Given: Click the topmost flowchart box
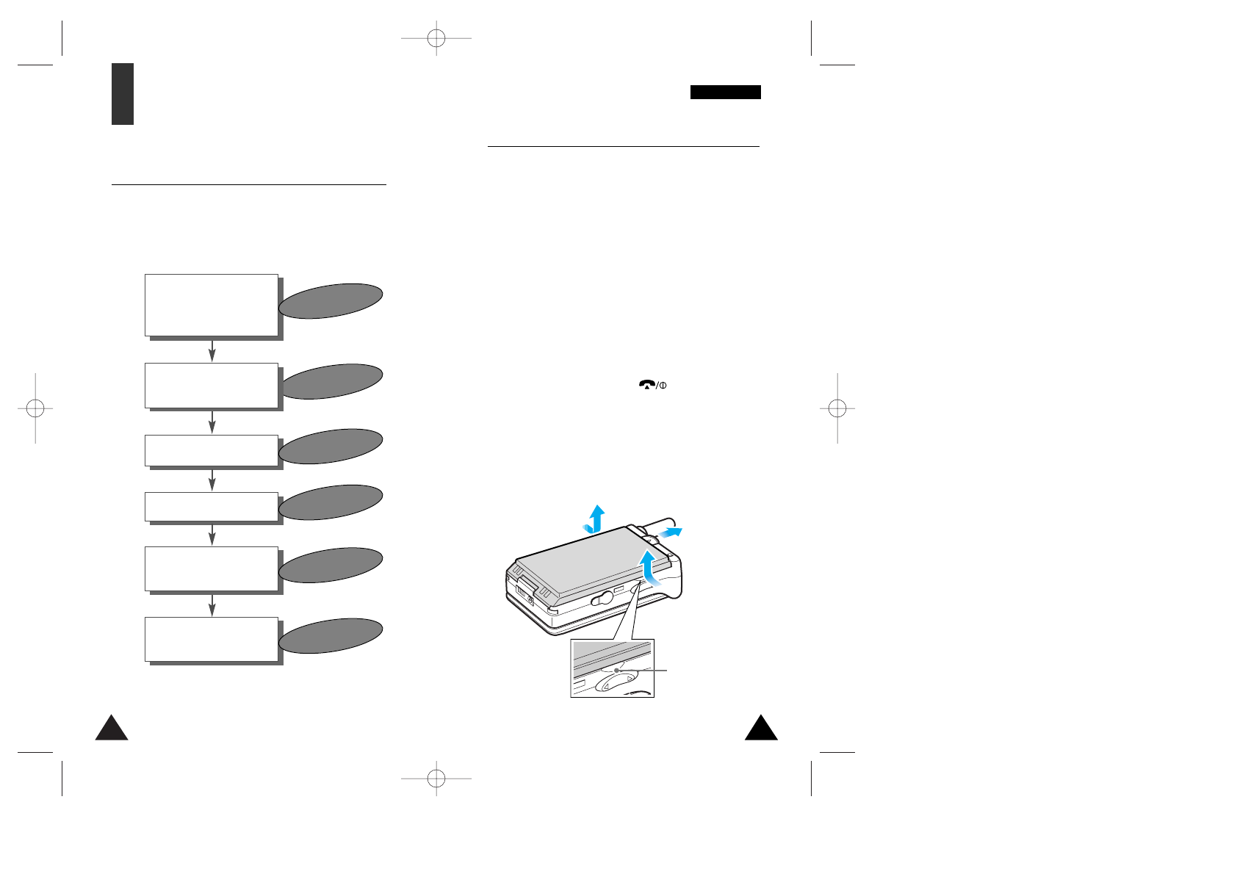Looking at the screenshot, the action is [212, 305].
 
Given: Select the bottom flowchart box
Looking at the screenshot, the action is [212, 639].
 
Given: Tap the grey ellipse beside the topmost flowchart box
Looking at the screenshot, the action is [331, 301].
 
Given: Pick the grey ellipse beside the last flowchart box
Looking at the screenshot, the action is [331, 636].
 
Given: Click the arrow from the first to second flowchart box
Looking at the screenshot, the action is [212, 350].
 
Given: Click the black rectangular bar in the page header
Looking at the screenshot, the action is [725, 92].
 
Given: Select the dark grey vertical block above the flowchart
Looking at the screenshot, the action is [123, 94].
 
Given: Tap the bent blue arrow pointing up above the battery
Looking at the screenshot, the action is [594, 519].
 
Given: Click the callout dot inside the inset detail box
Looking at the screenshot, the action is [617, 670].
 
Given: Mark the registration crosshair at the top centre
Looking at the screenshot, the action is [436, 37].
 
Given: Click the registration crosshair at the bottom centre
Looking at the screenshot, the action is [436, 778].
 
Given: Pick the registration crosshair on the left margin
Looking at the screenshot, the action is [35, 408].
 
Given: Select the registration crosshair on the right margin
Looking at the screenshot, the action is [837, 408].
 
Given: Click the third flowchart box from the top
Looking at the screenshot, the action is [212, 450].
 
